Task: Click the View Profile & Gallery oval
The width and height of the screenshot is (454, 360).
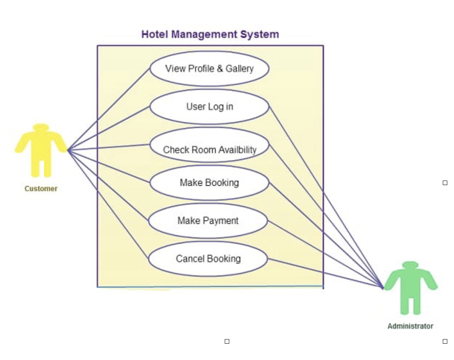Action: point(209,69)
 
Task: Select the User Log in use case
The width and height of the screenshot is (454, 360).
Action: point(209,107)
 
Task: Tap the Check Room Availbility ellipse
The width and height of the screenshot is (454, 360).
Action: point(209,145)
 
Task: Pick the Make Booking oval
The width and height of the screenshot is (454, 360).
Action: point(209,183)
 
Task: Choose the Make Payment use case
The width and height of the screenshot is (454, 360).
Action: point(208,221)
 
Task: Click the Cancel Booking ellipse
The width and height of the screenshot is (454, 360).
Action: point(208,259)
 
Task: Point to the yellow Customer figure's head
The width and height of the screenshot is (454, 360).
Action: point(41,128)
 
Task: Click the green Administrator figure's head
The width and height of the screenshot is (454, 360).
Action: point(410,265)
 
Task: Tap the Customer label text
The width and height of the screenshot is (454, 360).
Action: point(41,189)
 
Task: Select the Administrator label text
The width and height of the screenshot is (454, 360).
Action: point(410,326)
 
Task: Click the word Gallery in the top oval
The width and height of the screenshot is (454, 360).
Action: point(239,69)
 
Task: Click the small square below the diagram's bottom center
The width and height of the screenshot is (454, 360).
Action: point(227,341)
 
